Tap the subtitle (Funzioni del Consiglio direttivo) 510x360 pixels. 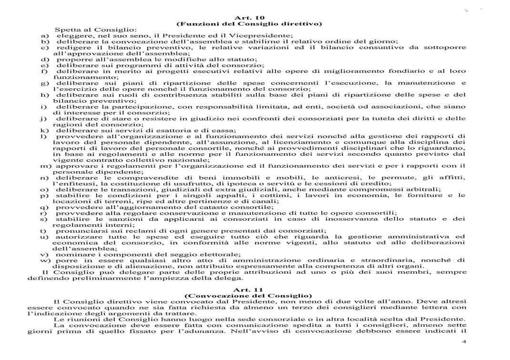click(249, 23)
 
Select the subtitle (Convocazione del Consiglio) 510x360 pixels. click(249, 295)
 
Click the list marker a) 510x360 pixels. click(43, 35)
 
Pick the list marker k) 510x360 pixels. click(43, 130)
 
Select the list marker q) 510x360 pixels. click(43, 207)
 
